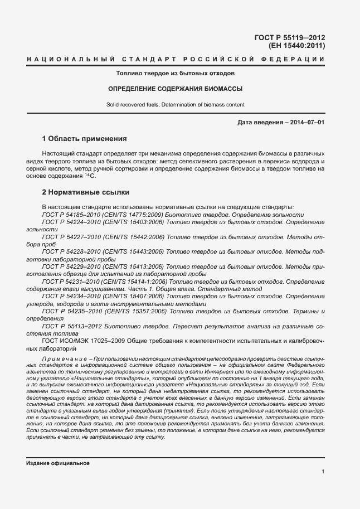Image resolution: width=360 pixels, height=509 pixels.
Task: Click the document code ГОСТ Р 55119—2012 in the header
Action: tap(290, 37)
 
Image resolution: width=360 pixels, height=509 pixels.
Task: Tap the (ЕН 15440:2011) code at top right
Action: tap(296, 46)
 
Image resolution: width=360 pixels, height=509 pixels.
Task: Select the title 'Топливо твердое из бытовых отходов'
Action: tap(175, 73)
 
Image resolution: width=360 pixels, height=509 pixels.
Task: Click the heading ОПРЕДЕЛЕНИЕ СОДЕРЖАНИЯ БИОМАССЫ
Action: tap(175, 89)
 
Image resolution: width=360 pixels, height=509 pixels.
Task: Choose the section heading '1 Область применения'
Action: tap(85, 138)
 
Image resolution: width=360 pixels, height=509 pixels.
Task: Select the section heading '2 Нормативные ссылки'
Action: tap(86, 192)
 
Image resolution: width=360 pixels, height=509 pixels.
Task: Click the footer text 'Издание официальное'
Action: tap(58, 463)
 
